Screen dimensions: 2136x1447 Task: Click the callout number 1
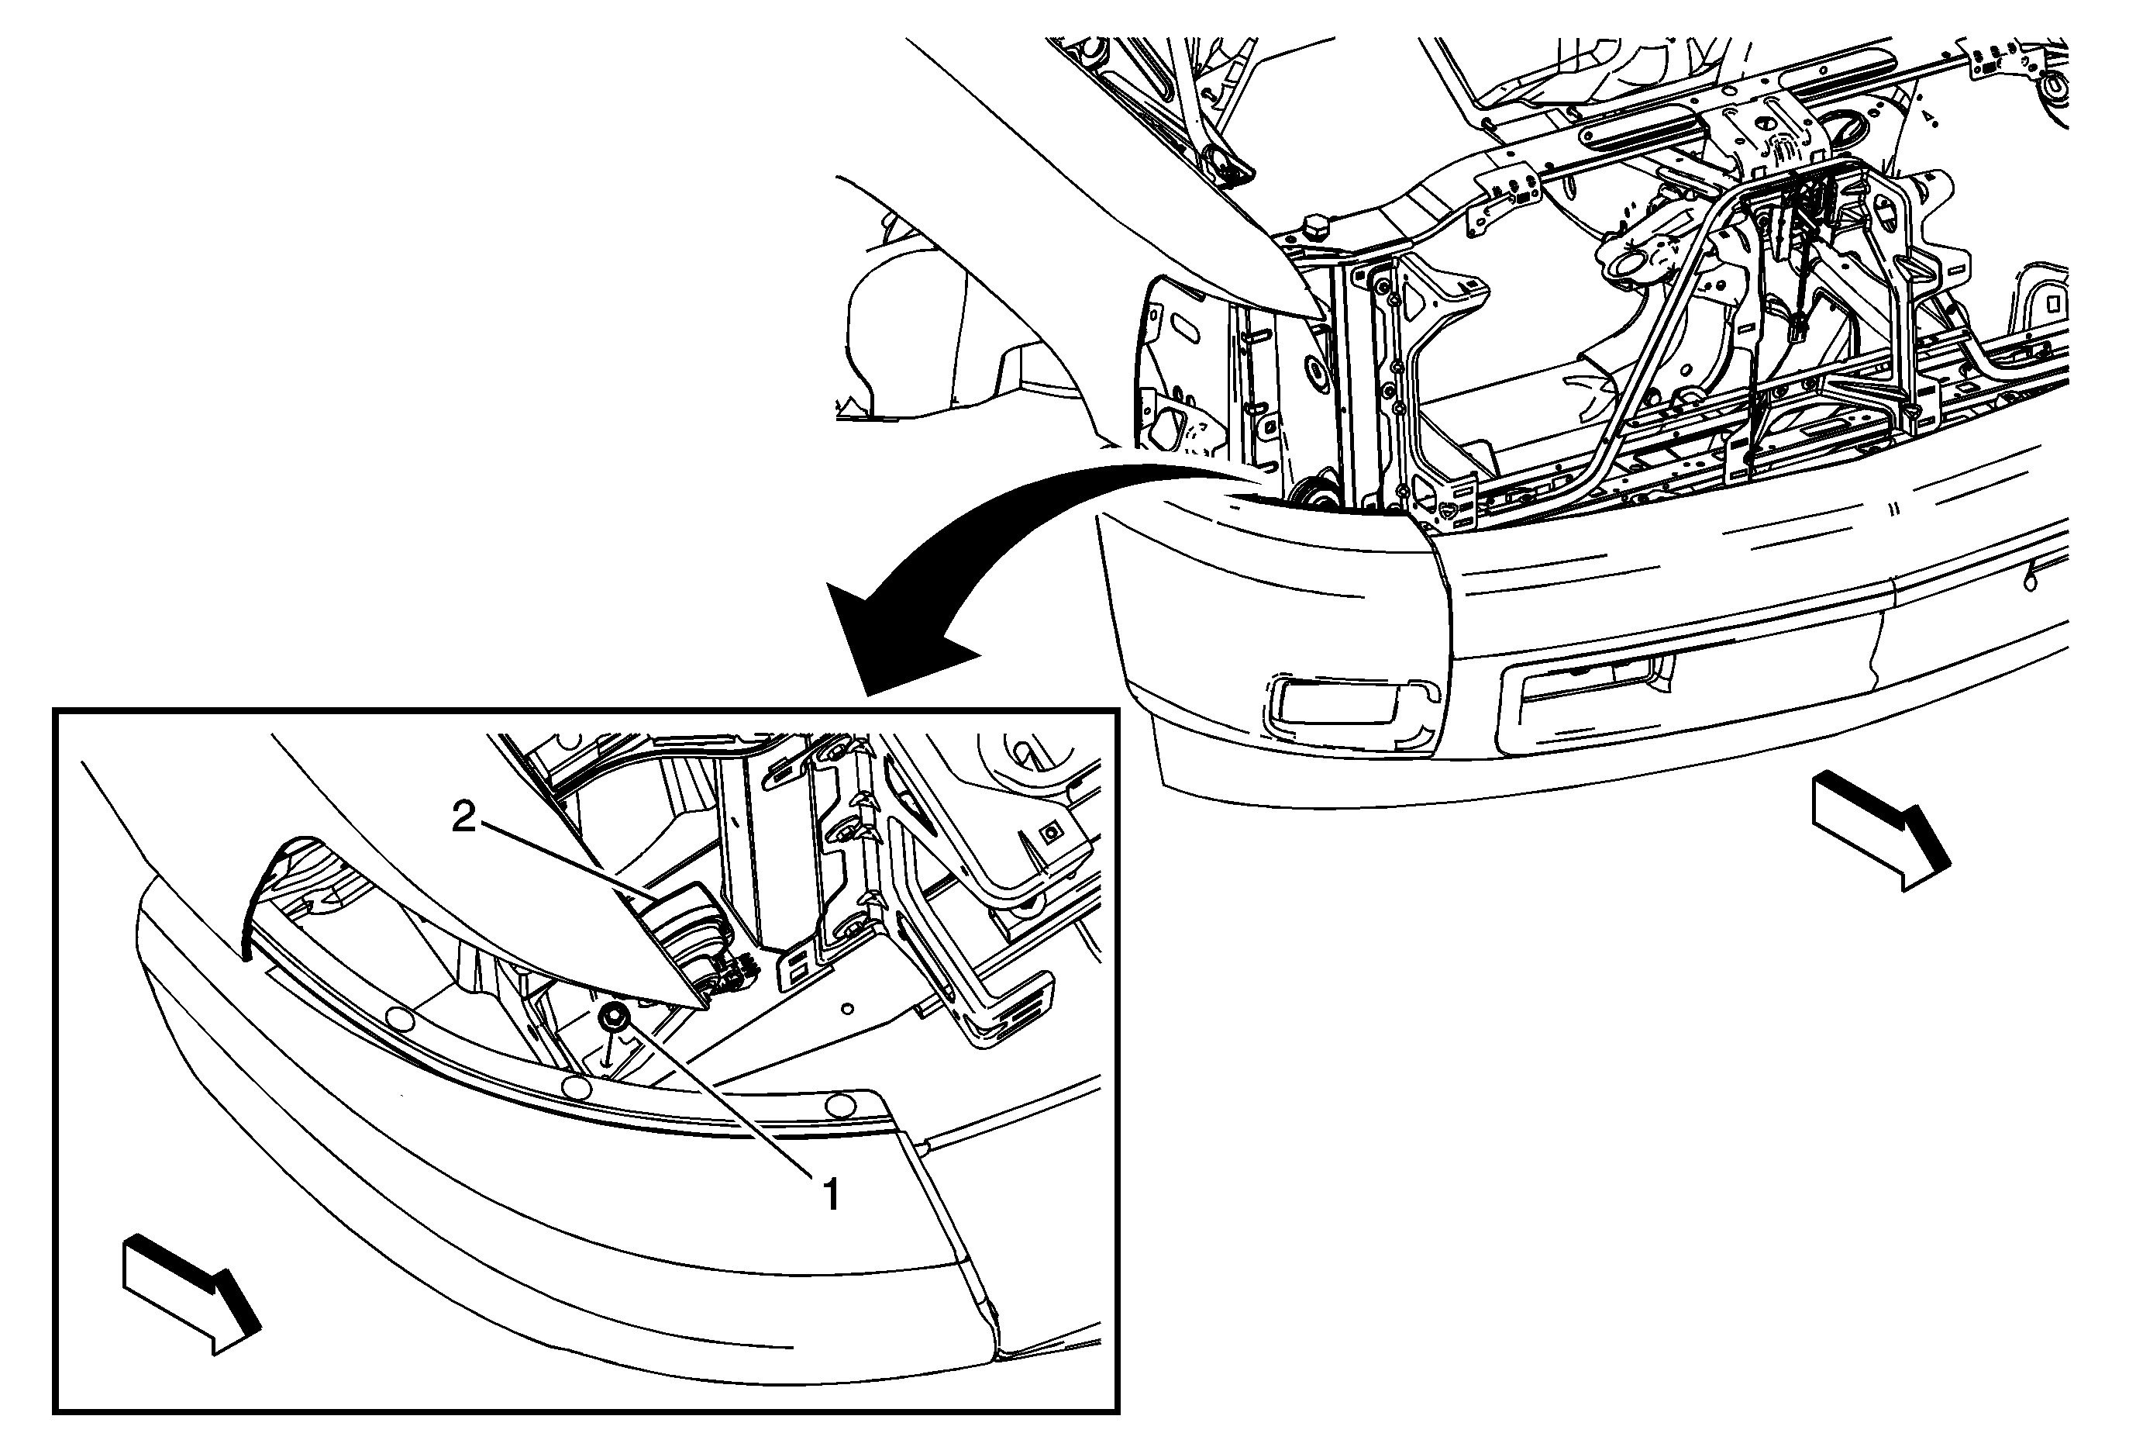pos(831,1195)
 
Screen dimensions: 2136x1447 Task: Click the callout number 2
pos(464,817)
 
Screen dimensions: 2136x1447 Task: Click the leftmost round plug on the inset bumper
pos(400,1017)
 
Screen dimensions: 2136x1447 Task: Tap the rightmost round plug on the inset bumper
pos(839,1105)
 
